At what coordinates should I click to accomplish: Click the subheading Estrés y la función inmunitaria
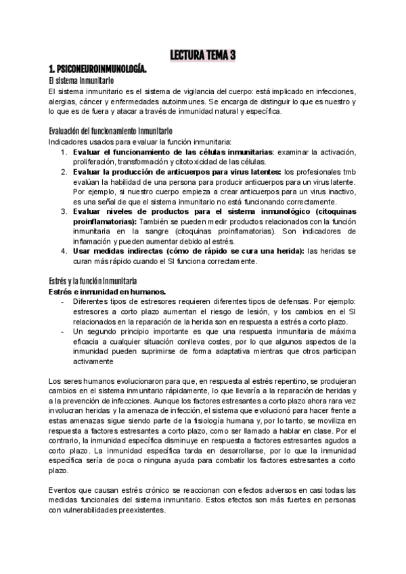click(x=93, y=281)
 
